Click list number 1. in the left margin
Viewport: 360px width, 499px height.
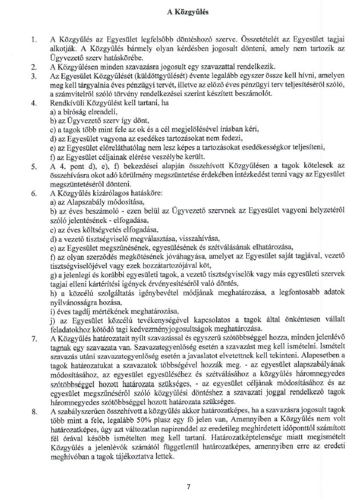pyautogui.click(x=35, y=40)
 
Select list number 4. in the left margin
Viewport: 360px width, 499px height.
pyautogui.click(x=35, y=104)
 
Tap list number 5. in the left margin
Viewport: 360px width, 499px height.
pyautogui.click(x=35, y=165)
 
